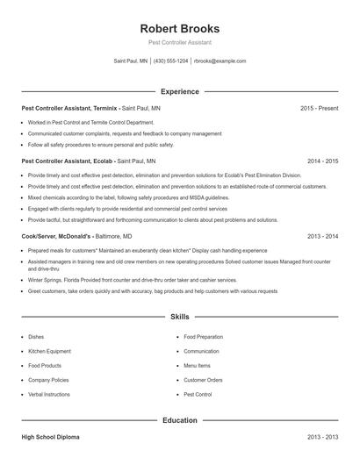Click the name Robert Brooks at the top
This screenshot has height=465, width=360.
(x=180, y=28)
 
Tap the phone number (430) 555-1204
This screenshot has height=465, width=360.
(x=170, y=61)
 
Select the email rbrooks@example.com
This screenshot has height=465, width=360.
(x=220, y=61)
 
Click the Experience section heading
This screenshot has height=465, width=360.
(x=180, y=91)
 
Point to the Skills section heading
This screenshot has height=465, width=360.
(x=180, y=316)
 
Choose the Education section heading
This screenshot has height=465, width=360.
(x=180, y=420)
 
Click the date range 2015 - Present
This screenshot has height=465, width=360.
(x=319, y=108)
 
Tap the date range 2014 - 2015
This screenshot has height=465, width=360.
(x=322, y=161)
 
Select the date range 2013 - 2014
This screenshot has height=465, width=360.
(x=322, y=236)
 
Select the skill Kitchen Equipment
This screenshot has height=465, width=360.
(x=49, y=351)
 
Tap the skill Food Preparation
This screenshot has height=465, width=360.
(x=203, y=336)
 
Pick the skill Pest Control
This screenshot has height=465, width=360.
(x=198, y=395)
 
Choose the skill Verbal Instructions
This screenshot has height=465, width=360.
(x=49, y=395)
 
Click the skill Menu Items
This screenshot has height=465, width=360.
(x=197, y=365)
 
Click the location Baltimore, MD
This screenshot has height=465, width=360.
(x=114, y=236)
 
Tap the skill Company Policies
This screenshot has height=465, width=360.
(x=48, y=380)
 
